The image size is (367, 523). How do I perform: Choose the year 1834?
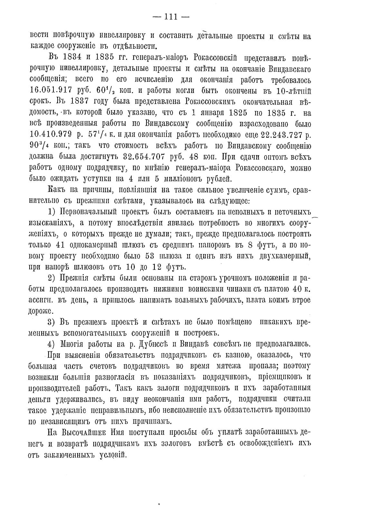(x=77, y=58)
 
